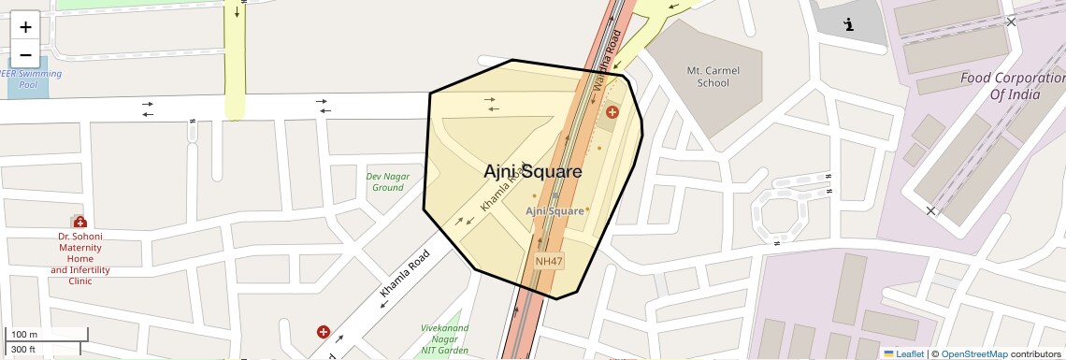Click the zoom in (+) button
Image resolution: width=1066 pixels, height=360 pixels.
click(25, 26)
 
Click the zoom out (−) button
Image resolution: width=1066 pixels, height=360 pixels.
click(25, 54)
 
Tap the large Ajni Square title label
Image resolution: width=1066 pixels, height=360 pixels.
click(533, 172)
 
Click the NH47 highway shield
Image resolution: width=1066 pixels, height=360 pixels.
click(549, 262)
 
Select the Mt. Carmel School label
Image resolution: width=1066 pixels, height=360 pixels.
click(707, 76)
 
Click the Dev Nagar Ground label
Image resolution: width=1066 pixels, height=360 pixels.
click(384, 181)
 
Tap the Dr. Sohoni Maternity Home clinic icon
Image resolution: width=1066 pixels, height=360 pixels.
click(80, 223)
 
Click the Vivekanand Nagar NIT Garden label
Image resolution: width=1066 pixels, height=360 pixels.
click(444, 339)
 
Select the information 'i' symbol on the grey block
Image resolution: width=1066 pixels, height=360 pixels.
click(848, 25)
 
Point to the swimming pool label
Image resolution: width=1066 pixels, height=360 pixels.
click(34, 79)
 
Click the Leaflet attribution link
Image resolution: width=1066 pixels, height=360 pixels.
click(903, 354)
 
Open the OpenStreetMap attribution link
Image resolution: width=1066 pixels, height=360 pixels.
click(973, 354)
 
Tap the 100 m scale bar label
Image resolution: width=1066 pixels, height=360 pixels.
click(23, 334)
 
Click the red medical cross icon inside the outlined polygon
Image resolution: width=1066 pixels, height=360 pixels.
click(612, 112)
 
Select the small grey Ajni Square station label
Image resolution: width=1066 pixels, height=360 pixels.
click(555, 211)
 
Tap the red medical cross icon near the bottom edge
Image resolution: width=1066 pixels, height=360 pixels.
click(324, 332)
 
